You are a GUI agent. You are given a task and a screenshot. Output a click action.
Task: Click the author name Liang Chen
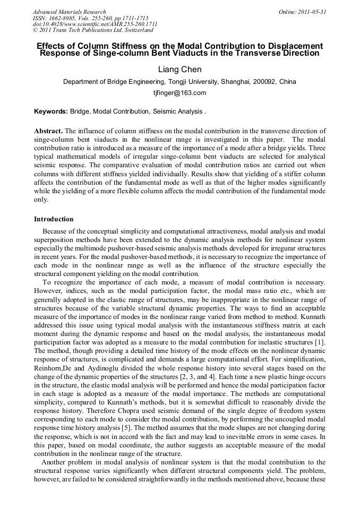(x=179, y=70)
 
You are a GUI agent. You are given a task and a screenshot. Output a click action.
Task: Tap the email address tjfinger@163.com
(x=179, y=92)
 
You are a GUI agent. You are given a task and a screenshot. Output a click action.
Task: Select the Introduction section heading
(x=54, y=219)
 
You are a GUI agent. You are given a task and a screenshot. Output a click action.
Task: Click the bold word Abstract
(x=48, y=131)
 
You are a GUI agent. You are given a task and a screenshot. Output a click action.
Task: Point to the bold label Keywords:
(x=51, y=111)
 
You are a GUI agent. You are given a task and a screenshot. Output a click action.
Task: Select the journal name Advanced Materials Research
(x=70, y=12)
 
